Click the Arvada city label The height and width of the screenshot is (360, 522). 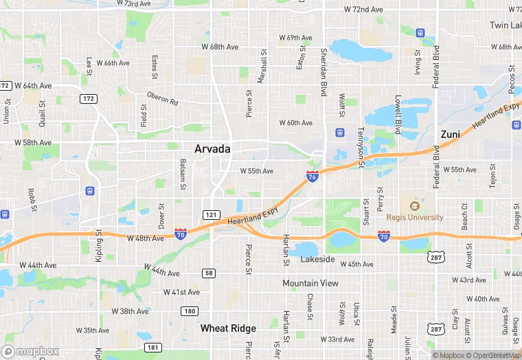click(212, 148)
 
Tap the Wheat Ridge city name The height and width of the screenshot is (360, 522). click(228, 328)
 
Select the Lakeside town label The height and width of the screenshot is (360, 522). click(318, 260)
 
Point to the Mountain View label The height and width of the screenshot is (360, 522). click(310, 283)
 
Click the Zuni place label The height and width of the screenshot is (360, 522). click(451, 134)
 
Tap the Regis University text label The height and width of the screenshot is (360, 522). click(414, 217)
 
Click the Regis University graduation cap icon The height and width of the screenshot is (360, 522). click(413, 205)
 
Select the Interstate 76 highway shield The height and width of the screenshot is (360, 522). click(313, 177)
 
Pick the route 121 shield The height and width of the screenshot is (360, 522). click(212, 215)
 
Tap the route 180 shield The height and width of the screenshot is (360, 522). click(190, 311)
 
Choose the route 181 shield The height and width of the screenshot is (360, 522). click(152, 347)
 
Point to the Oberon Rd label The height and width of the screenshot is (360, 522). click(162, 99)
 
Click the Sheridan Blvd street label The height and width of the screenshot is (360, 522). click(324, 72)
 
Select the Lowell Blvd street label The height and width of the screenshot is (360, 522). click(397, 114)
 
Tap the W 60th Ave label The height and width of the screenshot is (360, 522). click(295, 123)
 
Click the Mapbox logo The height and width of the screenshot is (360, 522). click(31, 350)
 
